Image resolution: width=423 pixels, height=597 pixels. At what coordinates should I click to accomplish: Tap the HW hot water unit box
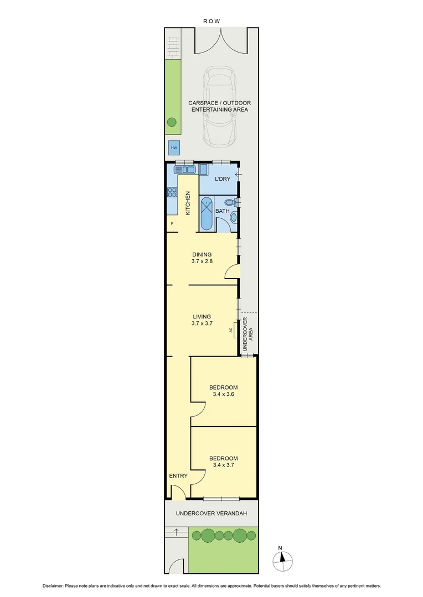click(173, 148)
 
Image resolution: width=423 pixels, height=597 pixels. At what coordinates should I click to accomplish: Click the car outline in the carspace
click(220, 108)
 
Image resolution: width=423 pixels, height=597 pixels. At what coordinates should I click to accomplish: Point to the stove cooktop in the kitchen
click(172, 193)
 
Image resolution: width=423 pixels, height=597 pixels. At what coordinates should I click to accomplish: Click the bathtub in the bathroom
click(206, 213)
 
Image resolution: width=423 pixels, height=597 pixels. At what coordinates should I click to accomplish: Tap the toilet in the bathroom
click(235, 204)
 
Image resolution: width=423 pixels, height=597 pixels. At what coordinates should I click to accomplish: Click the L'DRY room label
click(222, 179)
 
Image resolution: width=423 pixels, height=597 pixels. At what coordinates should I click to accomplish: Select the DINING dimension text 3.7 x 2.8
click(202, 262)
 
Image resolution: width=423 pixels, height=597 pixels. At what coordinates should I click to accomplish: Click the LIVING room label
click(202, 317)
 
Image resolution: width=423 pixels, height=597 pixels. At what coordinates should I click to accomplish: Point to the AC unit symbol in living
click(235, 330)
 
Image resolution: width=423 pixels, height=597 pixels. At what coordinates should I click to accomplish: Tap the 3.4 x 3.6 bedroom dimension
click(223, 395)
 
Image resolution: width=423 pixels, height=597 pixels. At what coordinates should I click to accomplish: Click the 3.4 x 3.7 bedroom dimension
click(223, 465)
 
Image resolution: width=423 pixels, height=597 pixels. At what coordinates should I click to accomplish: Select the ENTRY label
click(178, 476)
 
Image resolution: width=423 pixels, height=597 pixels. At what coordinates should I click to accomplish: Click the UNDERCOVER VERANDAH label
click(210, 514)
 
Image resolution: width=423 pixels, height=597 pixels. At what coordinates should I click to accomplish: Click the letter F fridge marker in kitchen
click(172, 223)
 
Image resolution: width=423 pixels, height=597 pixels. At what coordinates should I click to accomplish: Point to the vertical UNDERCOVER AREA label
click(248, 333)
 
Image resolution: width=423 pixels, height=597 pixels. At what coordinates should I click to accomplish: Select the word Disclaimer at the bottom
click(55, 586)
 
